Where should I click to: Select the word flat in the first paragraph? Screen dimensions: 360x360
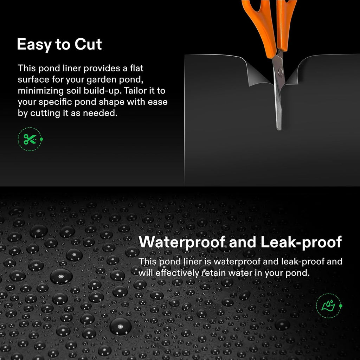(x=135, y=68)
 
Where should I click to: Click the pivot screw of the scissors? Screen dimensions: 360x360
(x=280, y=72)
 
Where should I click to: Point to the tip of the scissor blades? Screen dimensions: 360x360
(x=279, y=128)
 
